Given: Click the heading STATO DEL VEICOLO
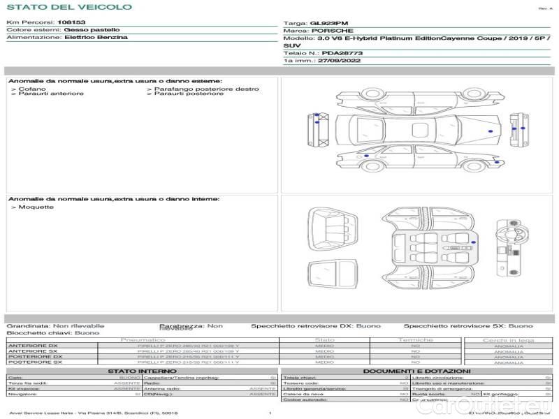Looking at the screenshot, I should click(68, 7).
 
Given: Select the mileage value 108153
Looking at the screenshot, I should click(71, 22).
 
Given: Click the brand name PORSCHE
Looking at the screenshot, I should click(332, 31).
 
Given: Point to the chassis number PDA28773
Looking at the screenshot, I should click(342, 53).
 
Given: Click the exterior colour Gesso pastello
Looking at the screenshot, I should click(92, 30).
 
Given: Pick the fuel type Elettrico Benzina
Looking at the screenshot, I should click(96, 38).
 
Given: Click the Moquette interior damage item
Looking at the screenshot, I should click(33, 207).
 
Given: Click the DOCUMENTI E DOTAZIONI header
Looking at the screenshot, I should click(416, 371).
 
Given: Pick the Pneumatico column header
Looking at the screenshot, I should click(143, 340).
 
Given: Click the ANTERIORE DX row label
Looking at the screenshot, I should click(34, 346).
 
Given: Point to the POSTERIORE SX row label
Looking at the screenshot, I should click(34, 362).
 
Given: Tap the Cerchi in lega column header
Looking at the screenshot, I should click(508, 340).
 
